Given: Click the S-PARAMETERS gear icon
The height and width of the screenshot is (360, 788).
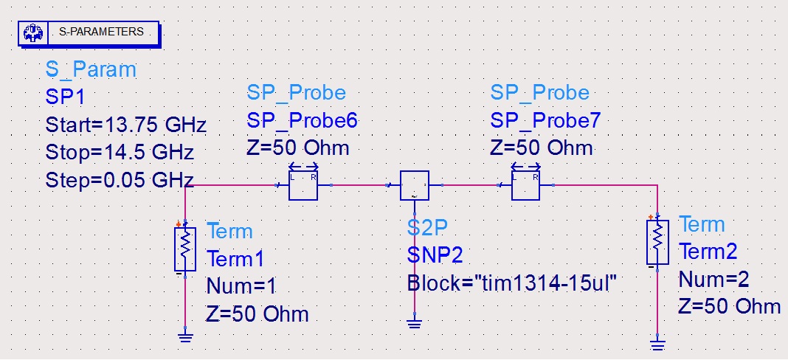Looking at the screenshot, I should (x=32, y=32).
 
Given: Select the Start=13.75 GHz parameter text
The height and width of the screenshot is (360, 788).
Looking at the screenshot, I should (x=125, y=123).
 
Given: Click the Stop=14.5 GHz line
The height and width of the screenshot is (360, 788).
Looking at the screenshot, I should (x=120, y=152).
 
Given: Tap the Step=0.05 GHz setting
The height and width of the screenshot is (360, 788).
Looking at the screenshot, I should (x=120, y=180).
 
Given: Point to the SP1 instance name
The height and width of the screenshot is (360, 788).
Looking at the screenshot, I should (x=67, y=97).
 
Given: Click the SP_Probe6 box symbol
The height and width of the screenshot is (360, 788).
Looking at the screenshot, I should (x=303, y=185).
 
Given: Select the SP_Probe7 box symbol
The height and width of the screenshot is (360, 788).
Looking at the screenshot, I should (x=525, y=185).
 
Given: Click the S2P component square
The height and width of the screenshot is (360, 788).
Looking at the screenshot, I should (x=414, y=185).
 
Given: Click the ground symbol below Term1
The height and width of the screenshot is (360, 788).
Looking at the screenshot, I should (x=184, y=337).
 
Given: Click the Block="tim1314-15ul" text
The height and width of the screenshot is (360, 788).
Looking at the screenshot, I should (x=511, y=283).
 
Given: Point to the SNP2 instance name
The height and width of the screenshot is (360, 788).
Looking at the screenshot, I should (x=435, y=255).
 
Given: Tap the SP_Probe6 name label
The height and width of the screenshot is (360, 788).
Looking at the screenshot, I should (x=301, y=120).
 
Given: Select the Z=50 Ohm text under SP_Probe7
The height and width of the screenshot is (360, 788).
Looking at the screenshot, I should (x=541, y=148).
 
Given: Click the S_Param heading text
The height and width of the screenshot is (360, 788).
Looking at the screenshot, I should (x=91, y=70).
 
